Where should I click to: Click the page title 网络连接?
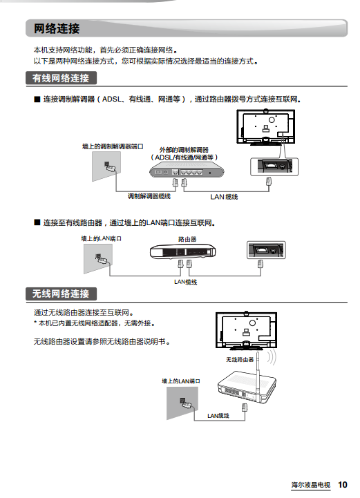click(57, 28)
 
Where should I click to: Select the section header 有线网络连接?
click(61, 78)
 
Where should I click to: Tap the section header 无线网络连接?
click(61, 294)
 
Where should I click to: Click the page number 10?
click(343, 485)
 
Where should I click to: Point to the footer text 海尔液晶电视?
click(311, 485)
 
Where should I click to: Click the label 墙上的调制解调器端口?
click(113, 146)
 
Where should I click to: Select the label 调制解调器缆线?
click(149, 196)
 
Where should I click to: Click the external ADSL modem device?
click(187, 171)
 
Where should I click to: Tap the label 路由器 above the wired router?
click(187, 239)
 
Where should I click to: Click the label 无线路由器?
click(240, 360)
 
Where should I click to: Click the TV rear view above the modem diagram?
click(265, 127)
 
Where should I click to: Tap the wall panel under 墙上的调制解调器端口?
click(106, 166)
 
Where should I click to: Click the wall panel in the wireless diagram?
click(182, 403)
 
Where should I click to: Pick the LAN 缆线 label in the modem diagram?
click(224, 197)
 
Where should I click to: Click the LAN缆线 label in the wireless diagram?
click(218, 416)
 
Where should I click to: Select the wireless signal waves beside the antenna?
click(272, 357)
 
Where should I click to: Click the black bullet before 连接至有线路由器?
click(37, 222)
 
